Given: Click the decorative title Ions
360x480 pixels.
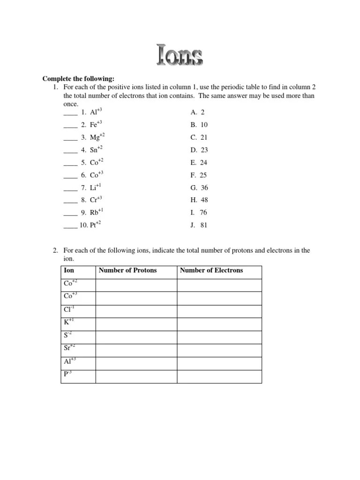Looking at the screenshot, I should click(180, 55).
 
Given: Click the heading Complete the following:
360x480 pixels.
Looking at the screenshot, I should click(78, 78).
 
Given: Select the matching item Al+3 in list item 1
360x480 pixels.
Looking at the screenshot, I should click(96, 112).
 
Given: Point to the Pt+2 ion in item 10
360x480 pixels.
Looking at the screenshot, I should click(96, 225).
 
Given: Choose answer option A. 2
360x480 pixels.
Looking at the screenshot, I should click(197, 112).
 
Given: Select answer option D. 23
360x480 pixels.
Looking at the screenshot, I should click(199, 150).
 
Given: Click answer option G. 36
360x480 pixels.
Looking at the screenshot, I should click(199, 187).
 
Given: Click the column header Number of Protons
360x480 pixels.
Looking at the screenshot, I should click(127, 270).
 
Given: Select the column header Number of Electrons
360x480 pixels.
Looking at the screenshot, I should click(211, 270).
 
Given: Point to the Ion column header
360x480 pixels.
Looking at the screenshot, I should click(68, 270).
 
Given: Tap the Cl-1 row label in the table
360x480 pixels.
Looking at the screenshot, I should click(69, 309).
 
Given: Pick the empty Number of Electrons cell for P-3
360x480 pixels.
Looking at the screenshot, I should click(219, 376).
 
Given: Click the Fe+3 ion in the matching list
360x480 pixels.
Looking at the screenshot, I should click(96, 125).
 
